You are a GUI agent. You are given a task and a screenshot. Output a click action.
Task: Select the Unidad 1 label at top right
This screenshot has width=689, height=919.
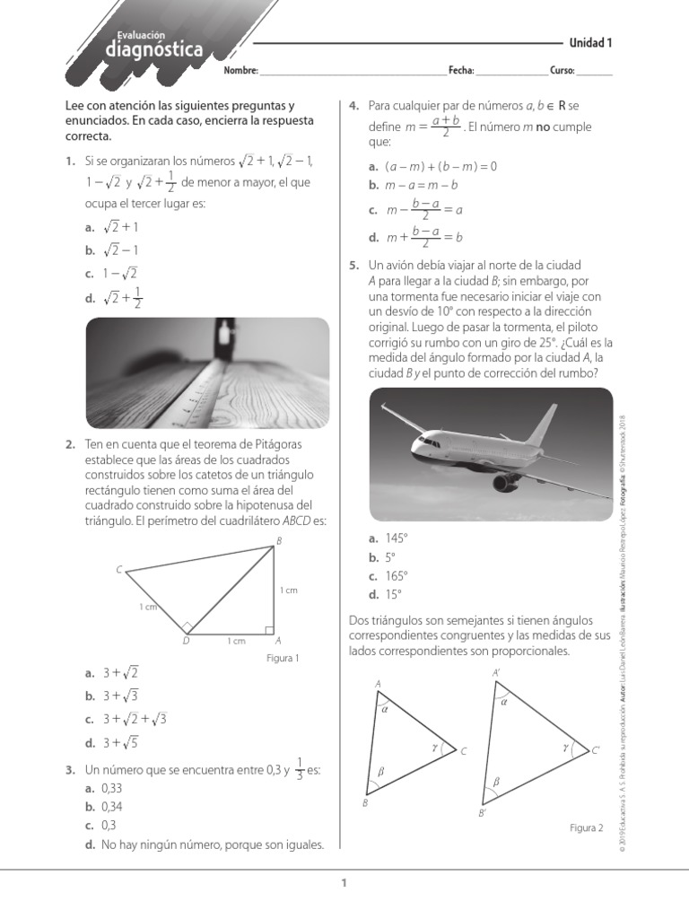[590, 42]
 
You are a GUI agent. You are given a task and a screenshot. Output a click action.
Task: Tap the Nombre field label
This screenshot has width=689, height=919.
[240, 71]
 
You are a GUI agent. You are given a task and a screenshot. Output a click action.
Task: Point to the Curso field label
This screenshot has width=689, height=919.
[563, 71]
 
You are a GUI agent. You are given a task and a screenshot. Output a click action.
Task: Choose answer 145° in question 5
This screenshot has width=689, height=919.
[396, 538]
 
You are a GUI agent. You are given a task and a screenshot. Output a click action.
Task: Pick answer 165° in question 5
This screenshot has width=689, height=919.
[396, 575]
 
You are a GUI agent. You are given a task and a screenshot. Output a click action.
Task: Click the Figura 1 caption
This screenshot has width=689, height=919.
[283, 658]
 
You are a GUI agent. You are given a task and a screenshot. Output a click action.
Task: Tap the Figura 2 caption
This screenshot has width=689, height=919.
[586, 827]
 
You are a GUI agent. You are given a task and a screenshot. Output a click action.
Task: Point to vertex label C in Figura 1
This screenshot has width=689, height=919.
[118, 570]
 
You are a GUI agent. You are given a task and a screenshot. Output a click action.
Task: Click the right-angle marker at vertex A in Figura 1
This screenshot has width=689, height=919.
[269, 630]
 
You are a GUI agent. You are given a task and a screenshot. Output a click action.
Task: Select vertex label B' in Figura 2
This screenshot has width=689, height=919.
[483, 812]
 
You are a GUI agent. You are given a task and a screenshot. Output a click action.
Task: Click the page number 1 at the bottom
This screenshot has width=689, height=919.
[344, 885]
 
